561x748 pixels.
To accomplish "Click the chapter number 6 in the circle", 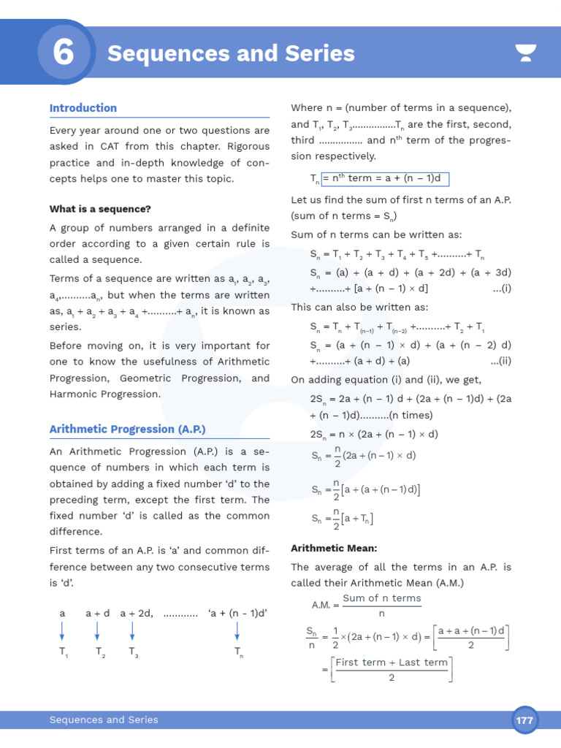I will (64, 53).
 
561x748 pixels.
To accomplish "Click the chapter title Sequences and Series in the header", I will (231, 53).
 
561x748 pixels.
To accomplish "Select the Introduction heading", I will (83, 108).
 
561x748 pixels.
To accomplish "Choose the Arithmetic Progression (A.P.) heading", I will (128, 430).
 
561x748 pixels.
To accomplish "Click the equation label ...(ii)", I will (500, 361).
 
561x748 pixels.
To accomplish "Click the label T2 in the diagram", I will (99, 652).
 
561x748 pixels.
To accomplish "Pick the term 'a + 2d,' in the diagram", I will (137, 614).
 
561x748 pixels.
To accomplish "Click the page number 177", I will (524, 720).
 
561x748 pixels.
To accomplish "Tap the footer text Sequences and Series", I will (104, 720).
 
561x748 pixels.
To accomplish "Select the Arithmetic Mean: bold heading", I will (334, 548).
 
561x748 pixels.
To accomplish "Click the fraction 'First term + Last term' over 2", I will (392, 670).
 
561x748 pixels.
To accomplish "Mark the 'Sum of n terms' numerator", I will (382, 598).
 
